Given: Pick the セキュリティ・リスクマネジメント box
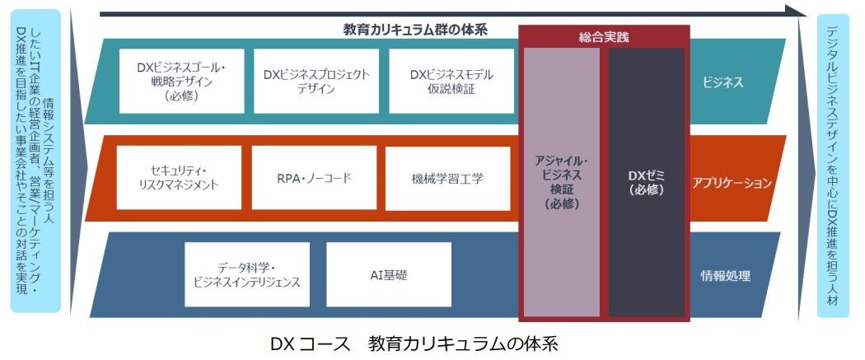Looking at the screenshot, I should click(x=179, y=177).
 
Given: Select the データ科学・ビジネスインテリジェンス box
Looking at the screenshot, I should click(x=246, y=274).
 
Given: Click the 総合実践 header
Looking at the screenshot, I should click(x=604, y=37).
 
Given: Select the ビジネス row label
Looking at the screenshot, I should click(x=722, y=82).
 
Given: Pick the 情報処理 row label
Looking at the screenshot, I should click(x=725, y=276).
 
